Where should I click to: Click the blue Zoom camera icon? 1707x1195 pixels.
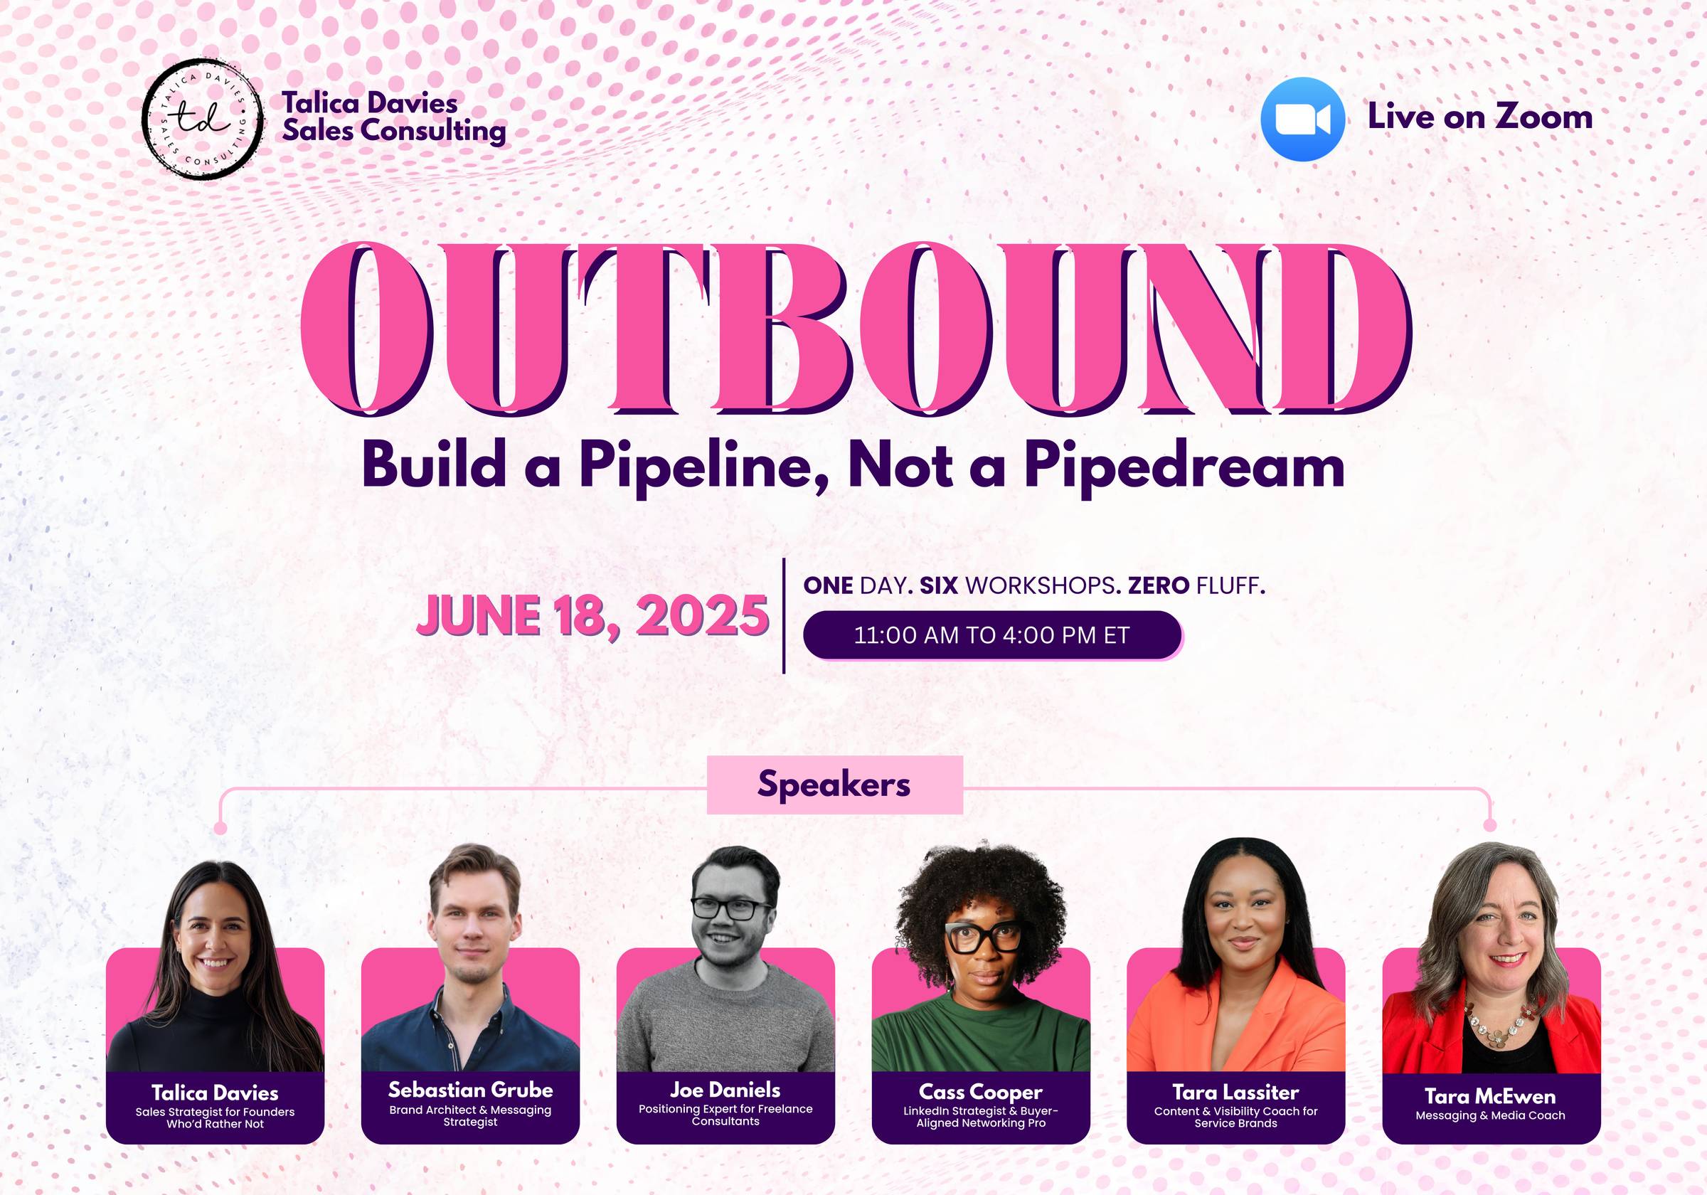click(1302, 119)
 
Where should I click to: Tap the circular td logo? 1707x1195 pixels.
click(202, 119)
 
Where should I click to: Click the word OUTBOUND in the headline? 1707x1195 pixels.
click(855, 329)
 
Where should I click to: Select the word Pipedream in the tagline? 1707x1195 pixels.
click(1184, 466)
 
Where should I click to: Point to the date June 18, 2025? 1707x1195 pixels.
click(592, 617)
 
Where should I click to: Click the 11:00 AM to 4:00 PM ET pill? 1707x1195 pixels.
click(992, 635)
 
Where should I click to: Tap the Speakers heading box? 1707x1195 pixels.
click(834, 785)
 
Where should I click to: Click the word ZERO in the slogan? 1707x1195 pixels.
click(1159, 586)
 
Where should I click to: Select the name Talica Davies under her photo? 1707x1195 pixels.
click(215, 1093)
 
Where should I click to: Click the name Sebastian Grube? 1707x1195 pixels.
click(471, 1090)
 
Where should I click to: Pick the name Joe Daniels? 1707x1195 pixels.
click(725, 1090)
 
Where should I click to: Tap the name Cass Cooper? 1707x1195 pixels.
click(981, 1093)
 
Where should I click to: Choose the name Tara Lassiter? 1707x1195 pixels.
click(1235, 1093)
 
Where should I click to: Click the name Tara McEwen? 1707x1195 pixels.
click(1490, 1096)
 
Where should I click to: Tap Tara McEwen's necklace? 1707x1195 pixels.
click(1499, 1025)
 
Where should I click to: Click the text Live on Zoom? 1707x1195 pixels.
click(1480, 117)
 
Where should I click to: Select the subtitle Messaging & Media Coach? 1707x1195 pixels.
click(1490, 1115)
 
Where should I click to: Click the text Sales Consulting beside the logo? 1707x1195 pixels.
click(394, 131)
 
